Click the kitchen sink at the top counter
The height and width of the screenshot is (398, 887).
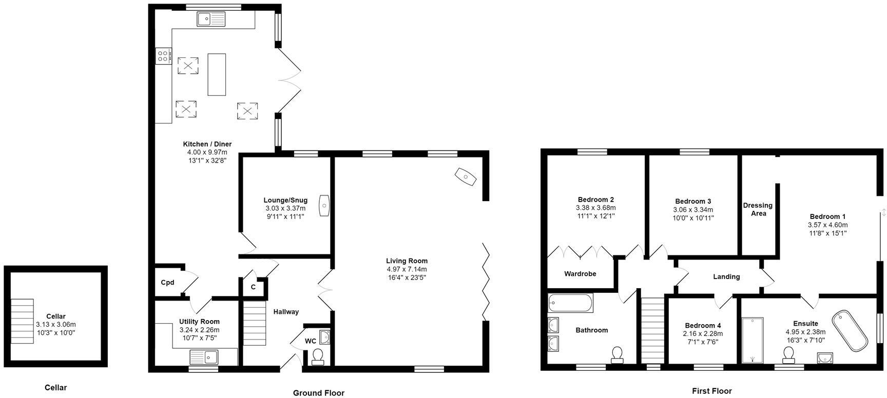pos(211,19)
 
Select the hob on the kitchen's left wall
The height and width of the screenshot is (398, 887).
pos(163,55)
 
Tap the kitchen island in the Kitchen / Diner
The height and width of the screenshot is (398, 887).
pos(217,74)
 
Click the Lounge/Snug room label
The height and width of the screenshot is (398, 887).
pos(285,200)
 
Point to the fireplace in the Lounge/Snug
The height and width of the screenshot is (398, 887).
pos(324,206)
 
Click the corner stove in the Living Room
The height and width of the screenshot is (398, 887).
pos(466,177)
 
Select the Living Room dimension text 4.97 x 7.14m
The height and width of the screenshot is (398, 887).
pos(407,269)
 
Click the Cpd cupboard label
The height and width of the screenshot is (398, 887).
pos(167,283)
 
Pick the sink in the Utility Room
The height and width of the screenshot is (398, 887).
pos(204,356)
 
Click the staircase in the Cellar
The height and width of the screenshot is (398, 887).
pos(22,322)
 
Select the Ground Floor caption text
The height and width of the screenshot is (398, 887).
pos(318,393)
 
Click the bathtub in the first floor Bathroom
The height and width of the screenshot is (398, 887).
pos(570,303)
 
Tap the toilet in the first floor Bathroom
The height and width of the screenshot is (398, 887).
pos(617,354)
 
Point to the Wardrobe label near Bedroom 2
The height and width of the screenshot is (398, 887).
pos(580,274)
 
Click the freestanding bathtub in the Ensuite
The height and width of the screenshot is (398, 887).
pos(850,330)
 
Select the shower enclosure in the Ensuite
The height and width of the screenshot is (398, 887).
pos(753,340)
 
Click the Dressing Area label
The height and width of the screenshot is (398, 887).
pos(758,209)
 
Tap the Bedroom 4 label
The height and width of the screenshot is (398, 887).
pos(703,325)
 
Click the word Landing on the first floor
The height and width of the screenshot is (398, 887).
pos(726,277)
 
